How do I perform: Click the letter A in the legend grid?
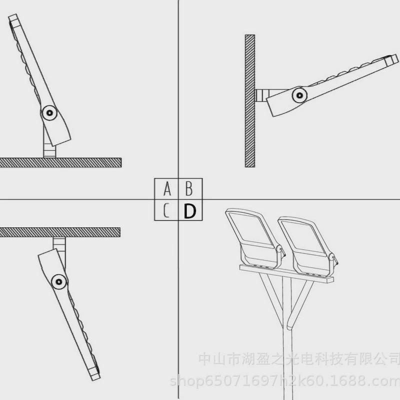(x=167, y=189)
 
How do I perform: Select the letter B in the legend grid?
(x=189, y=189)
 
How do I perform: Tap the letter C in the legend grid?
(x=167, y=211)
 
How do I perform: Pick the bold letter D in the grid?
(x=189, y=211)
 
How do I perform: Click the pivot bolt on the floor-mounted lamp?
(x=49, y=113)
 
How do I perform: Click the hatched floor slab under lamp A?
(x=60, y=162)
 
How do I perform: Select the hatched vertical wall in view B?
(x=249, y=100)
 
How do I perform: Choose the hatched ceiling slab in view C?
(x=60, y=231)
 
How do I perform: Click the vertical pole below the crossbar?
(x=286, y=360)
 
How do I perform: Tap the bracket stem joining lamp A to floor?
(x=48, y=147)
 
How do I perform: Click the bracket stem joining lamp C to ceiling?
(x=59, y=244)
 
